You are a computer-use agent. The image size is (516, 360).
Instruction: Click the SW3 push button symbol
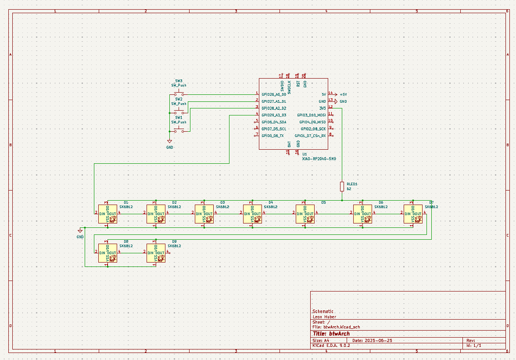click(179, 94)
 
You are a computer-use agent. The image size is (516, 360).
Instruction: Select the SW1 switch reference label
click(179, 118)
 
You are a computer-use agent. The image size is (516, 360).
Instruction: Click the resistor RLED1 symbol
click(342, 187)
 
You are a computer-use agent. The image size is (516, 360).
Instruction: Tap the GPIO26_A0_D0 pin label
click(274, 94)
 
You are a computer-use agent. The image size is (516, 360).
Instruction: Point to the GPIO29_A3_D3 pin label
click(274, 115)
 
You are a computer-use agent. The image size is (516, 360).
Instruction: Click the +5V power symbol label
click(343, 94)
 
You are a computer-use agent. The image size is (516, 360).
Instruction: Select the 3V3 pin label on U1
click(322, 108)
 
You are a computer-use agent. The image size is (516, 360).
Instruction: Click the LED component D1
click(107, 214)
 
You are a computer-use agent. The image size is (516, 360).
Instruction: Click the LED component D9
click(156, 253)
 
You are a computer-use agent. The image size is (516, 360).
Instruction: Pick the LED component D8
click(107, 253)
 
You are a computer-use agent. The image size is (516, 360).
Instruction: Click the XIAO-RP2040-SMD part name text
click(319, 159)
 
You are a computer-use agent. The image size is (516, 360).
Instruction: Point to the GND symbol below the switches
click(170, 141)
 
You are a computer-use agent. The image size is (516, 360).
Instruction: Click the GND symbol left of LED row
click(80, 230)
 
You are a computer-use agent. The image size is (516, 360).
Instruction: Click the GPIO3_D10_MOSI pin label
click(312, 115)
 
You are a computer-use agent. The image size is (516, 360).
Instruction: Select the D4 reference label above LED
click(271, 202)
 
